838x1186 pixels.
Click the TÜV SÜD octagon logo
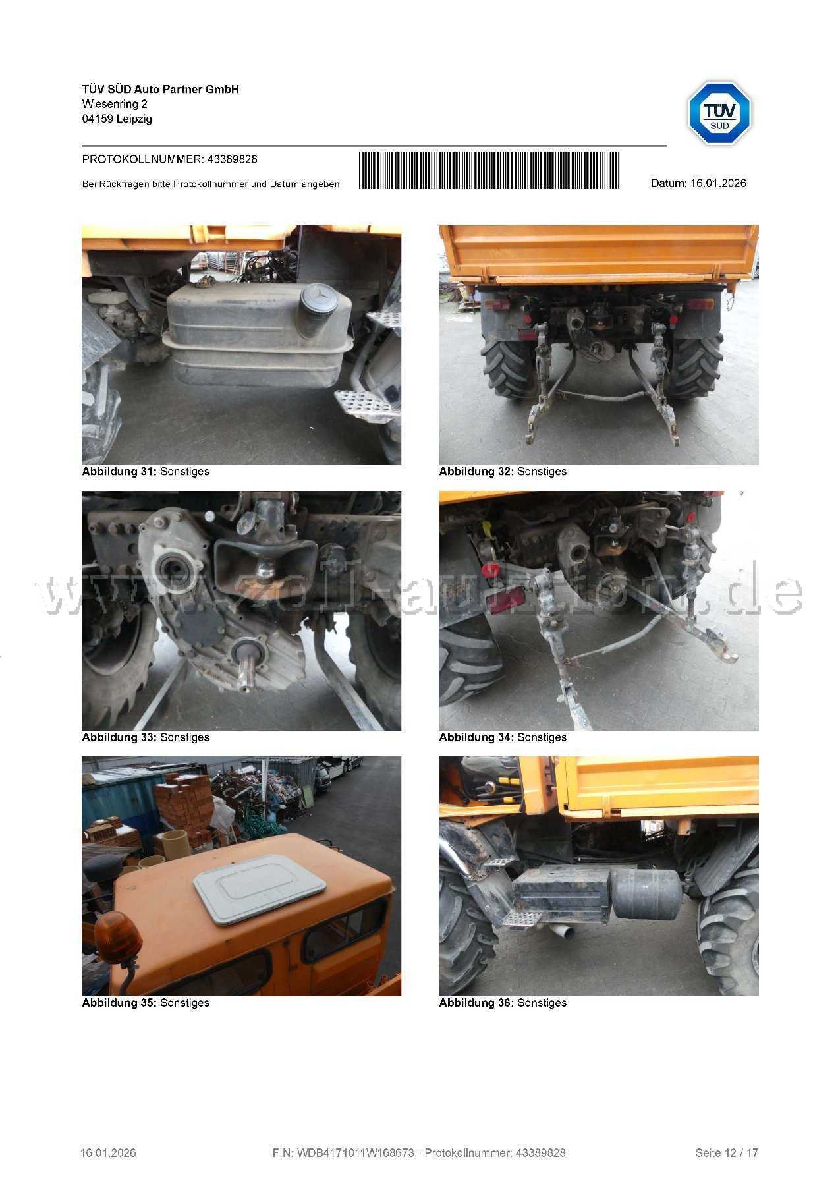[x=719, y=113]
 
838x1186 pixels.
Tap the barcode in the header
[x=489, y=171]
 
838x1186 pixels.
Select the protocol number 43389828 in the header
[x=232, y=159]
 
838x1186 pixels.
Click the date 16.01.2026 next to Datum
[x=718, y=183]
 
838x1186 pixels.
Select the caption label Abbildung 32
[x=476, y=472]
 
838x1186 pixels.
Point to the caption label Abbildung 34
[x=476, y=737]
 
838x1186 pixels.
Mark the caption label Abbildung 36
[x=476, y=1003]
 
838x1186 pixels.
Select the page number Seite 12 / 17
[x=727, y=1153]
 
